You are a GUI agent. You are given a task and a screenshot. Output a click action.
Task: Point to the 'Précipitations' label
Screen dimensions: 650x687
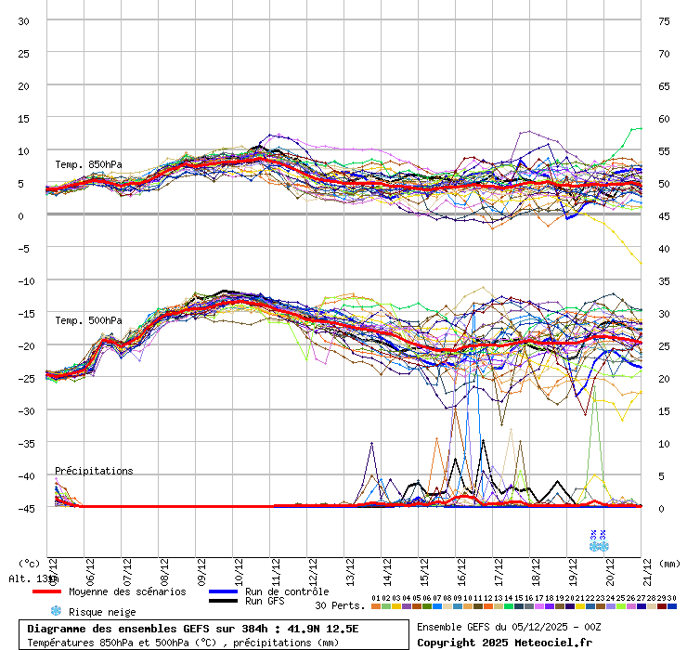(94, 471)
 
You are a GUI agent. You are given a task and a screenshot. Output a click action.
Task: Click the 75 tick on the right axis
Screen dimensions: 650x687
(663, 20)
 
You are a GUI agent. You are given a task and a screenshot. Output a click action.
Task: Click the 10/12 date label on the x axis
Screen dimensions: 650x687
(240, 567)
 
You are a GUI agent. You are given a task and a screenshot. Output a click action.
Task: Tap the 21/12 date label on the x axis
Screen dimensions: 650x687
(647, 567)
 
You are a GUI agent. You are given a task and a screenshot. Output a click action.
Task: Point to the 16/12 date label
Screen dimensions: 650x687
(461, 567)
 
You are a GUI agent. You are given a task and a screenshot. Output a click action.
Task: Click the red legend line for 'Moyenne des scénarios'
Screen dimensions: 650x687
(59, 591)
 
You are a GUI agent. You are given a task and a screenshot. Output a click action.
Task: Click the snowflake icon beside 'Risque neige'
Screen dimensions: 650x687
(56, 612)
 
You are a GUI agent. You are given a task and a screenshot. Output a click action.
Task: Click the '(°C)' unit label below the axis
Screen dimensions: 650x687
(31, 563)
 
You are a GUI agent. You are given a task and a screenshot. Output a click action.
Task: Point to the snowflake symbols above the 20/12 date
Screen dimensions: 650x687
(597, 540)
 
